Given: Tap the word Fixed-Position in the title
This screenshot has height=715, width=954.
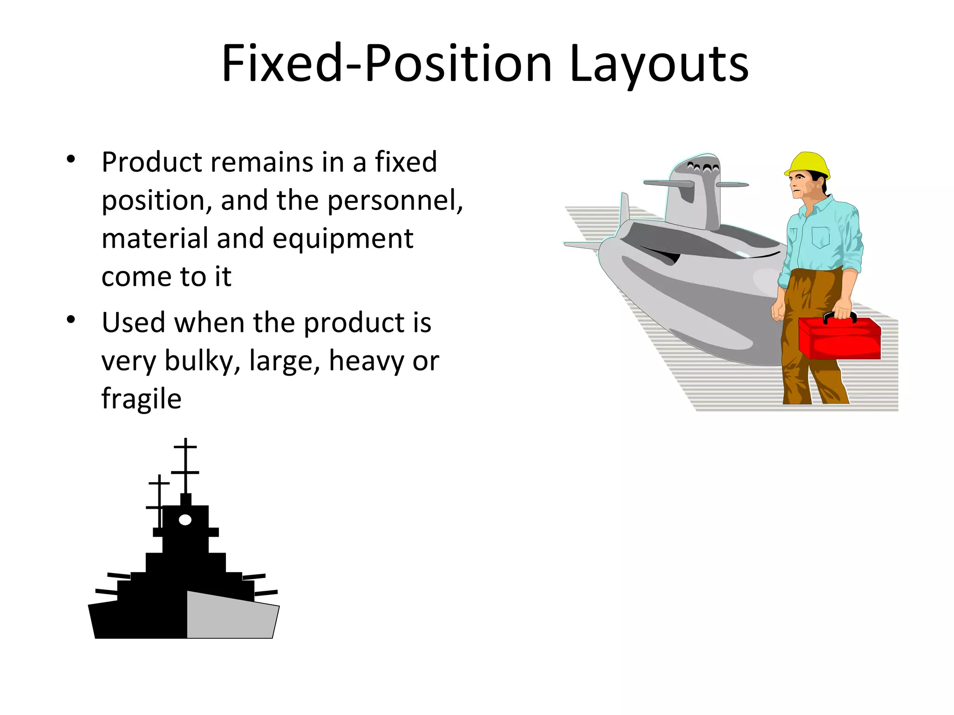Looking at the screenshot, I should pyautogui.click(x=387, y=64).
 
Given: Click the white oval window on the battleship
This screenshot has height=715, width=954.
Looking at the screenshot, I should pyautogui.click(x=185, y=520).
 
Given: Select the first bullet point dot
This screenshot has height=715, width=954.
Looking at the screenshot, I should pyautogui.click(x=71, y=159).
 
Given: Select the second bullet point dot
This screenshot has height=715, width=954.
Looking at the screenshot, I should pyautogui.click(x=71, y=320).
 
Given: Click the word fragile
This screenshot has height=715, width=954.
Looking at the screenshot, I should pyautogui.click(x=141, y=399).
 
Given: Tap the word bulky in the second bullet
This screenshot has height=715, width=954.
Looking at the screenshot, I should pyautogui.click(x=201, y=361).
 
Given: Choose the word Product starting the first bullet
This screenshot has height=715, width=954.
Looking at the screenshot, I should pyautogui.click(x=152, y=162).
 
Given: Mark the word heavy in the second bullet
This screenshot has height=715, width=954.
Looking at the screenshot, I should pyautogui.click(x=367, y=361).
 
